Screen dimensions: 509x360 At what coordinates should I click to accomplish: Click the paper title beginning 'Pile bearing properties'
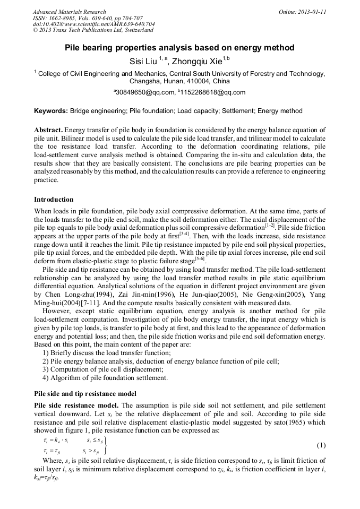coord(179,48)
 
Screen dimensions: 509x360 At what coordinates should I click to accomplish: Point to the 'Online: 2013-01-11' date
coord(303,12)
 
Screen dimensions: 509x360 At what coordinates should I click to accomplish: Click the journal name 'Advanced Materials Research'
coord(69,12)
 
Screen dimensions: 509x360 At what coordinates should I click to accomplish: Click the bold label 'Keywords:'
coord(51,111)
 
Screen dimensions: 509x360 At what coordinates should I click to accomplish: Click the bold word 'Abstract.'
coord(49,130)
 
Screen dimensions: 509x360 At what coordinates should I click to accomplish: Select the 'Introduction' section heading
coord(54,200)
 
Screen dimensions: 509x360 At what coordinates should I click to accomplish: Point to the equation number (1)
coord(321,445)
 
